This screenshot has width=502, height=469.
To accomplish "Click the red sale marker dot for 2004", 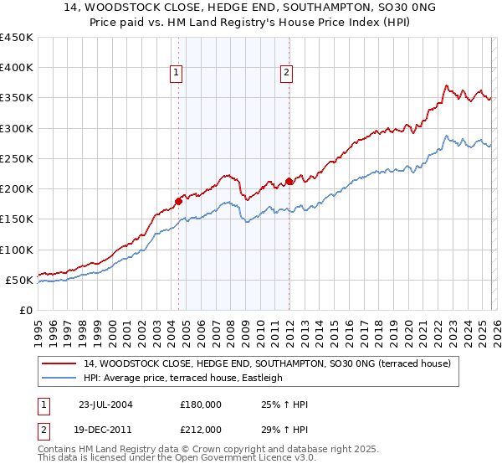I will (x=179, y=201).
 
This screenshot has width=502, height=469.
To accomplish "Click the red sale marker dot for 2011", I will (x=289, y=181).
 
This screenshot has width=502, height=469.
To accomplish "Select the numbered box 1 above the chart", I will (x=177, y=74).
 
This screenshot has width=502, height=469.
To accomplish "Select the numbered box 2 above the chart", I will (x=286, y=74).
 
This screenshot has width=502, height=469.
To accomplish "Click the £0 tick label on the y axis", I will (x=25, y=310).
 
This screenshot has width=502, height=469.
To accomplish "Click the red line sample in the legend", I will (x=59, y=363).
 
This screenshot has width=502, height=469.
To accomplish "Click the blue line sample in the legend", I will (x=59, y=378).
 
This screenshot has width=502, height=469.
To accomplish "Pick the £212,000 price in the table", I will (x=200, y=430).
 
